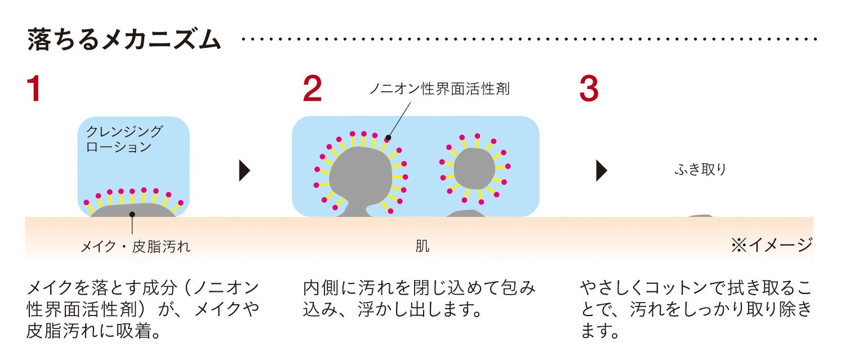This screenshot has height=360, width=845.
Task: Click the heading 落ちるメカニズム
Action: click(x=124, y=41)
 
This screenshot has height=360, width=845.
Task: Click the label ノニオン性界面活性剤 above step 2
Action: click(x=439, y=89)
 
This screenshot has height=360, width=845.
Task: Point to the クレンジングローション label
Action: click(x=124, y=139)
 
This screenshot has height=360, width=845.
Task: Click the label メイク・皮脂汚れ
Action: click(x=136, y=247)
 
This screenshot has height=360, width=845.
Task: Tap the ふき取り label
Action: click(x=700, y=170)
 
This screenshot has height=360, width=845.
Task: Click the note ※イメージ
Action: click(x=771, y=245)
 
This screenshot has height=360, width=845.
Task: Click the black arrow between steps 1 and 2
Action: click(x=244, y=170)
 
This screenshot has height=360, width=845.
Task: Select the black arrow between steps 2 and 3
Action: click(x=601, y=170)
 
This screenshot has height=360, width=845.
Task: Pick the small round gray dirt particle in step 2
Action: click(x=474, y=168)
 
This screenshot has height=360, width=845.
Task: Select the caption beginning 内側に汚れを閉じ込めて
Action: click(x=419, y=299)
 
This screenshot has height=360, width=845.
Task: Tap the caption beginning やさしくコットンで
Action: click(x=696, y=309)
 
